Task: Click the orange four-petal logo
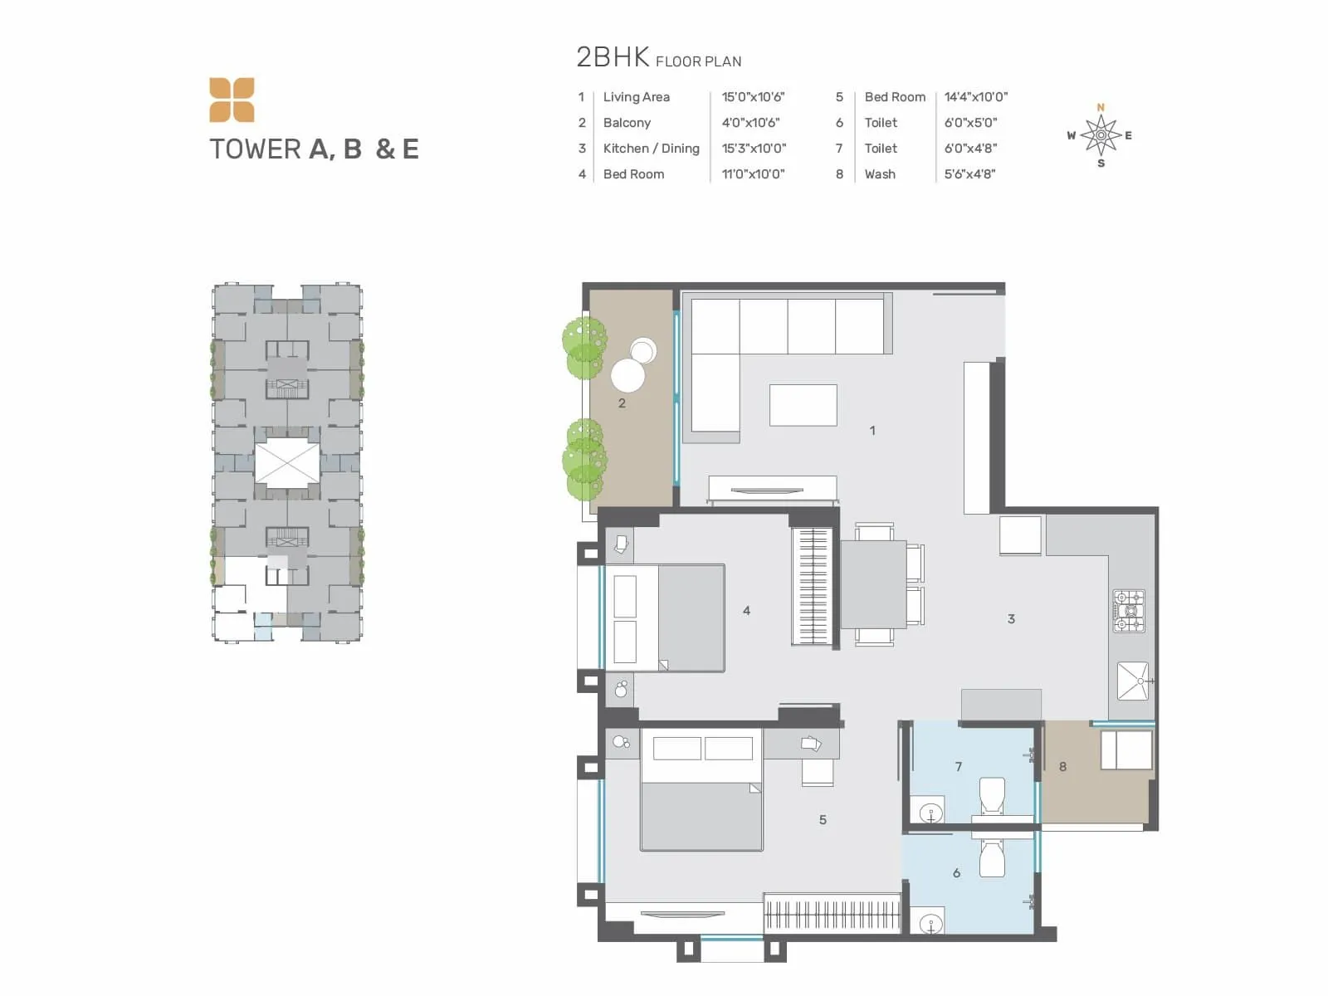pos(232,100)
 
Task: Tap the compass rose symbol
pos(1101,135)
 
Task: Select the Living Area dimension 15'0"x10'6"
pos(753,97)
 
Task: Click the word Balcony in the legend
pos(627,123)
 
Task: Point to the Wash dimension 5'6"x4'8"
pos(969,174)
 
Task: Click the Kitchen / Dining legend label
pos(651,149)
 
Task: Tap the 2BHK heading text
pos(613,57)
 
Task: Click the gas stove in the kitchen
pos(1129,611)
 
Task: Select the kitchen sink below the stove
pos(1132,681)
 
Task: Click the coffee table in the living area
pos(803,405)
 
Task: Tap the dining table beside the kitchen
pos(873,583)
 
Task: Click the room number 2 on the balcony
pos(622,403)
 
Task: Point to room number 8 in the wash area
pos(1062,767)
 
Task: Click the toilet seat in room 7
pos(992,796)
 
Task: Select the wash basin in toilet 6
pos(930,923)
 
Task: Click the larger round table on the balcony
pos(627,375)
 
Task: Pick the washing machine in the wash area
pos(1125,750)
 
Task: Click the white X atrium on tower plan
pos(286,463)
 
